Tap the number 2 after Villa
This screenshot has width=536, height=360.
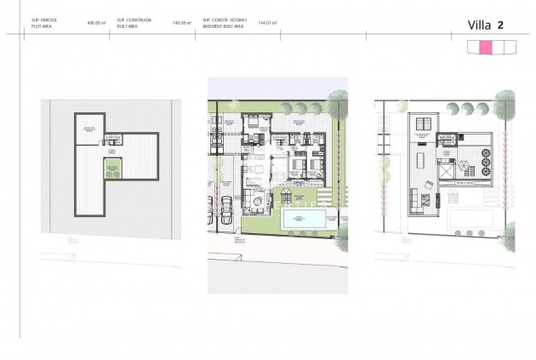click(x=500, y=25)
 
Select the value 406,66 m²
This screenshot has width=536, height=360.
click(x=94, y=23)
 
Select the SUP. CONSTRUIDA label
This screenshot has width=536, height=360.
click(x=133, y=20)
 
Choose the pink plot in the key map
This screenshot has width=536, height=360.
click(x=486, y=49)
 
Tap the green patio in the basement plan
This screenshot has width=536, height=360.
click(x=111, y=169)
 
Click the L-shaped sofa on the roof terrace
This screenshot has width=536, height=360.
click(x=416, y=202)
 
